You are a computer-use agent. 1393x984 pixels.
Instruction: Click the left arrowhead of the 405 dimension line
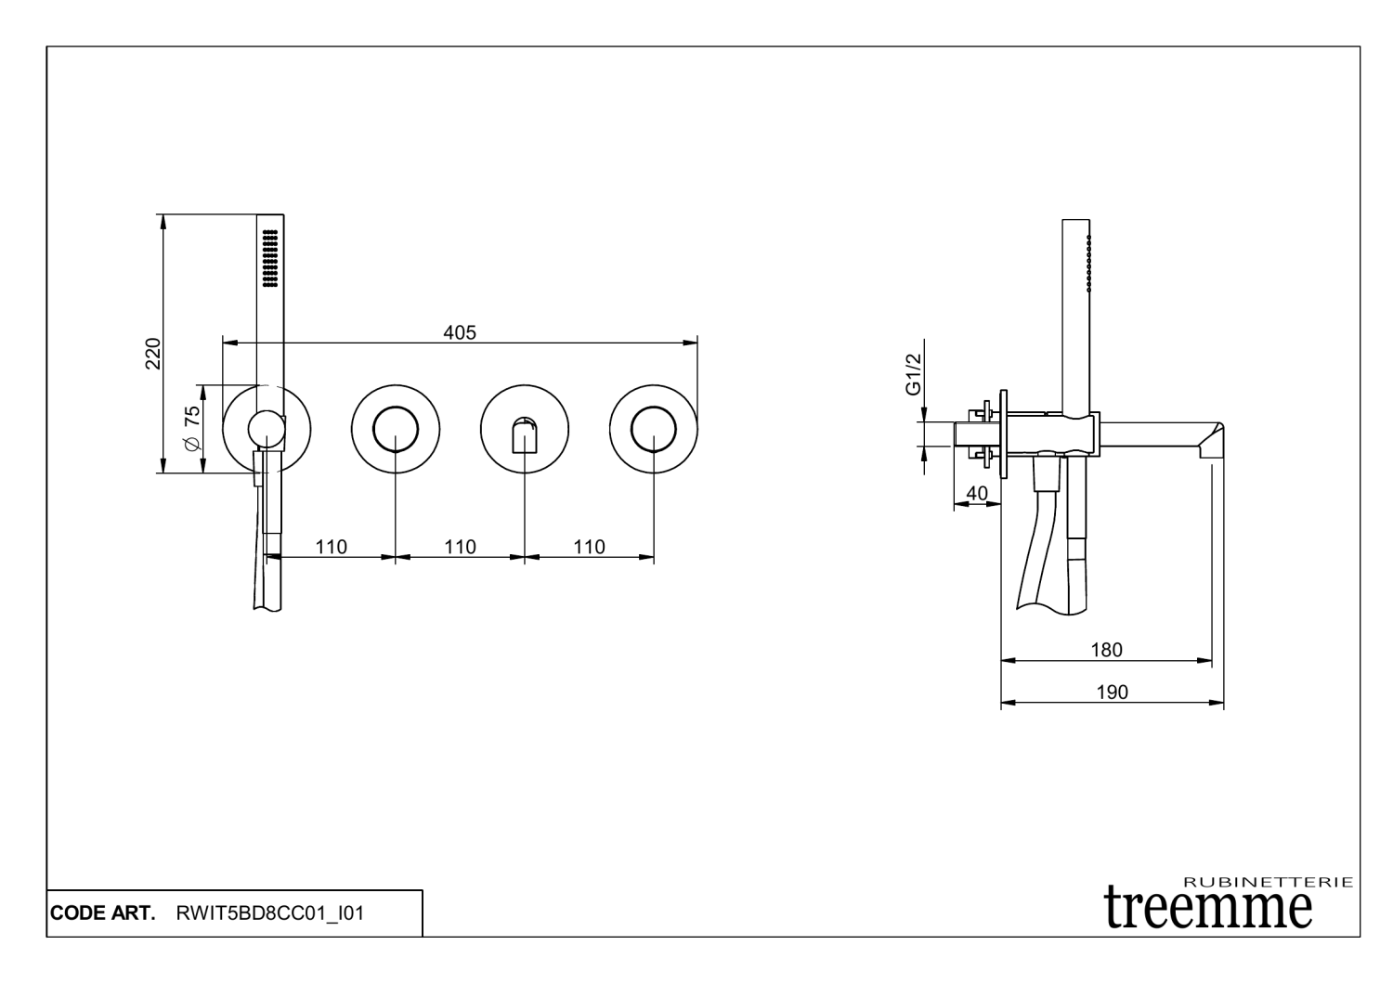230,343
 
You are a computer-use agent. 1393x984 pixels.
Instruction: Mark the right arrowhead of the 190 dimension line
1217,703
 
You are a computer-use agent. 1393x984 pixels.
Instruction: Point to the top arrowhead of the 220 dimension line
163,222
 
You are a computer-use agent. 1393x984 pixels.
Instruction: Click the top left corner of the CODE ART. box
47,890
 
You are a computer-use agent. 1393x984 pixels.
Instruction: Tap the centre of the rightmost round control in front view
654,430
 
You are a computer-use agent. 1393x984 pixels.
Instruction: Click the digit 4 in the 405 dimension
449,332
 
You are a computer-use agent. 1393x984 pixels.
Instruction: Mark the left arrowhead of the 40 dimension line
961,503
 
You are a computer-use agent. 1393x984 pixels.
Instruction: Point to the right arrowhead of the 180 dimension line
1204,660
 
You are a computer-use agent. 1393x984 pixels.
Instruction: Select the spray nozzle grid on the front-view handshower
270,258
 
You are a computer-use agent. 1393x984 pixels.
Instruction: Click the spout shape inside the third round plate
525,434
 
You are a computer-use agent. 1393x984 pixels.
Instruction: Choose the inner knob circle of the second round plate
396,430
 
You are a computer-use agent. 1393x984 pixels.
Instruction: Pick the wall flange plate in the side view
1003,434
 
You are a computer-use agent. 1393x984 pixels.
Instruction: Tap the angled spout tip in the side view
1211,442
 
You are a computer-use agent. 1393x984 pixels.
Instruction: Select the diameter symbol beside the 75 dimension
193,443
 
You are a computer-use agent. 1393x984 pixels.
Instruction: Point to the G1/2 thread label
913,374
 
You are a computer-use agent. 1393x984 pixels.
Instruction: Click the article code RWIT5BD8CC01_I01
270,913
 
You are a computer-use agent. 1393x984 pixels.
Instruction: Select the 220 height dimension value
153,354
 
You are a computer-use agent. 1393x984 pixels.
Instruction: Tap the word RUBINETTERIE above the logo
1268,882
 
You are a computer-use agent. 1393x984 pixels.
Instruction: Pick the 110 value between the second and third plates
461,547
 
